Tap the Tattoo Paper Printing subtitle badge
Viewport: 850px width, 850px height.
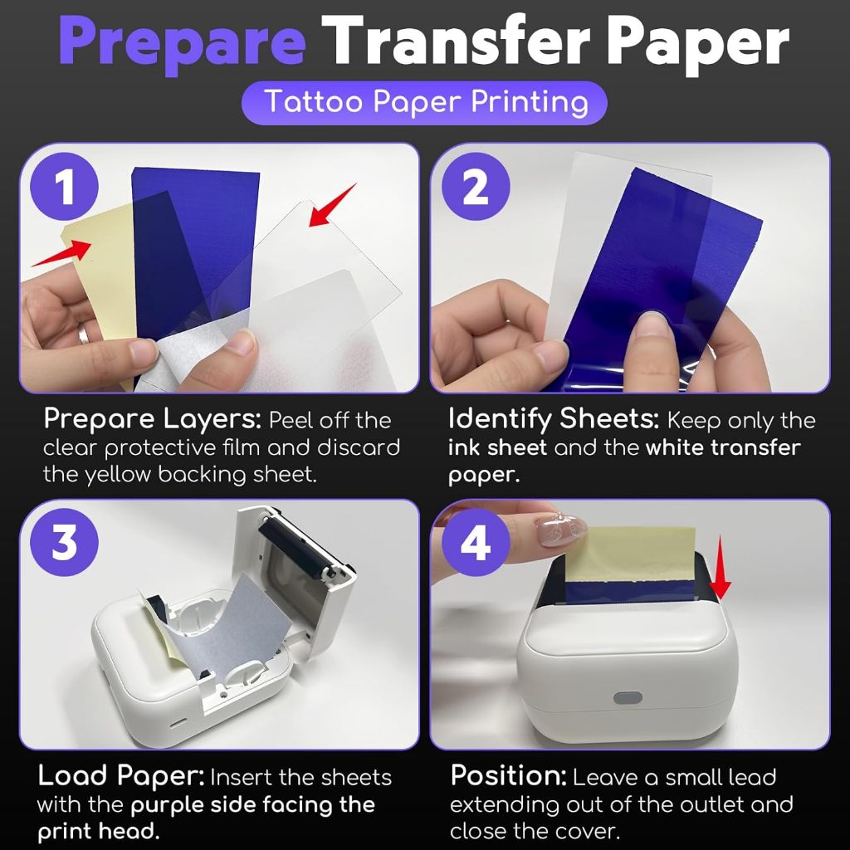click(x=424, y=102)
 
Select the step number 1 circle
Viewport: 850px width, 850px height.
click(x=65, y=187)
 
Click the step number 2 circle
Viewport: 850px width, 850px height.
click(x=476, y=187)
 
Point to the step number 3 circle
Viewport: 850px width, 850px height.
click(x=65, y=543)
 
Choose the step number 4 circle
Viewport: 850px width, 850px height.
click(x=476, y=543)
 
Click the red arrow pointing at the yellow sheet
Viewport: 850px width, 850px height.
click(x=61, y=253)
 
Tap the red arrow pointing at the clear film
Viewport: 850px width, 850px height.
click(x=332, y=205)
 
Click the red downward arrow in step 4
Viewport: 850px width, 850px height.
click(x=720, y=568)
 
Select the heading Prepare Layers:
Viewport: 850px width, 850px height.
click(x=153, y=419)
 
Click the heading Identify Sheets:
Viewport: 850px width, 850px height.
click(x=554, y=419)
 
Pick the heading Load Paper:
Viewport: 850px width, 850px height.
click(x=121, y=776)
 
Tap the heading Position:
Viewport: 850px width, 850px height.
click(x=509, y=776)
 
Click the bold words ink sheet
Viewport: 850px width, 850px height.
click(x=497, y=447)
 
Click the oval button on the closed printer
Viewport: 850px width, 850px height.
click(x=628, y=698)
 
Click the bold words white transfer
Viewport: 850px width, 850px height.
click(x=723, y=447)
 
